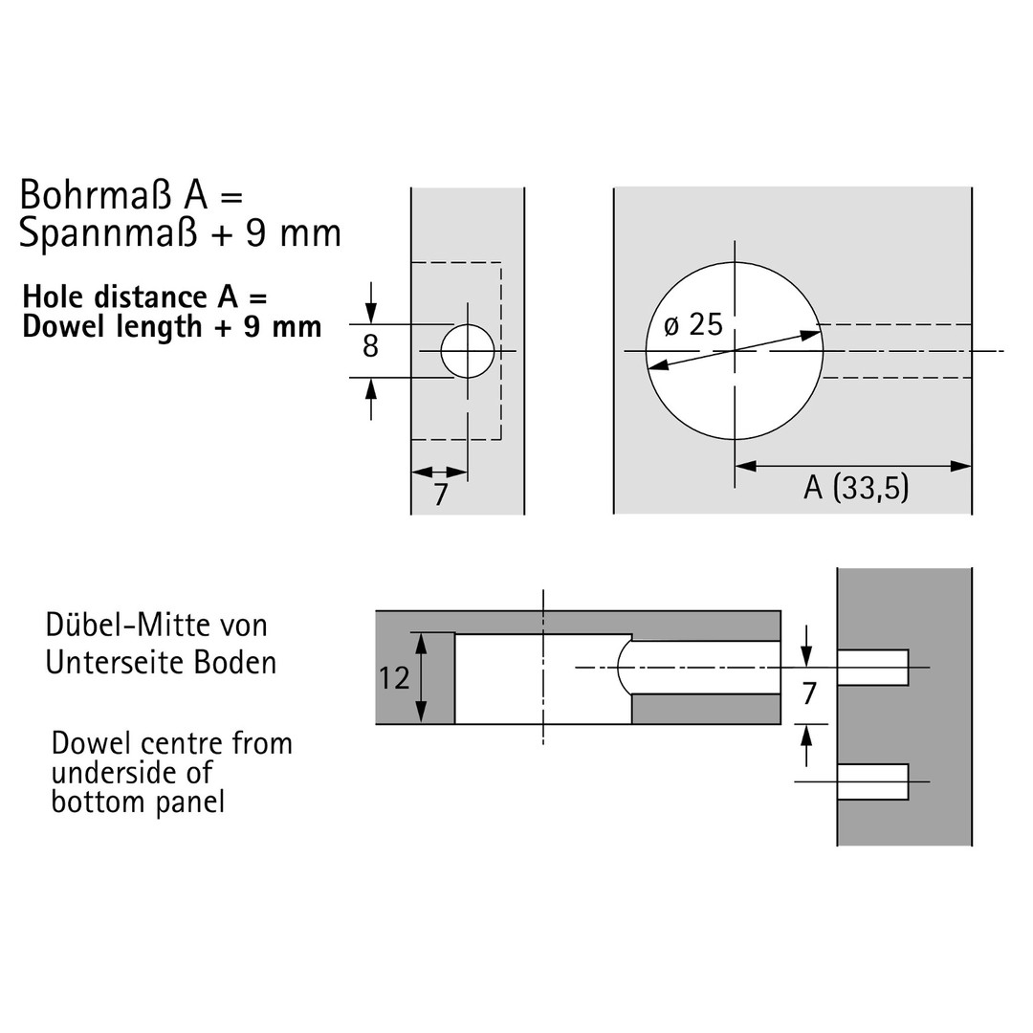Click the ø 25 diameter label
693,325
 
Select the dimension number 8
370,346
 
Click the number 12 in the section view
394,678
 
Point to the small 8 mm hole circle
468,351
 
